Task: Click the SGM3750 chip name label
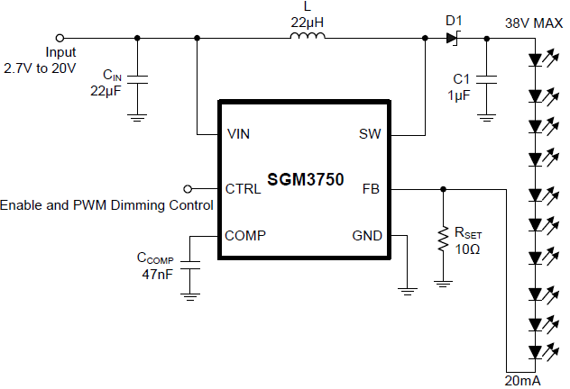(x=305, y=180)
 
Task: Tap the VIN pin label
(x=239, y=134)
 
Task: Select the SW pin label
(x=370, y=134)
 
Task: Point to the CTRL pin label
(x=244, y=189)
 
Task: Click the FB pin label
(x=371, y=189)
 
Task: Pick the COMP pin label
(x=245, y=236)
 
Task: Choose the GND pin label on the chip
(x=367, y=236)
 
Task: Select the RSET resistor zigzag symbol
(x=443, y=241)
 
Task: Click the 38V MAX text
(x=534, y=21)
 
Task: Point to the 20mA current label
(x=524, y=381)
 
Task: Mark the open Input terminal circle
(x=60, y=38)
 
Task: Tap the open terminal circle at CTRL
(x=188, y=189)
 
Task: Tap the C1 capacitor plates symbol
(x=487, y=82)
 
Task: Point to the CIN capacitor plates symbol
(x=136, y=82)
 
